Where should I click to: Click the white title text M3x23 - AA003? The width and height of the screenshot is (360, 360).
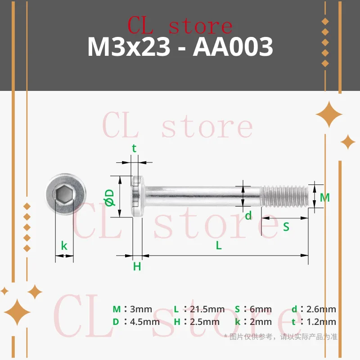pyautogui.click(x=180, y=47)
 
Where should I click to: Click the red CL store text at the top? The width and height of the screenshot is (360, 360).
pyautogui.click(x=180, y=26)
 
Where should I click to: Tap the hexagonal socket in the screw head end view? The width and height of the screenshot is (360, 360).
pyautogui.click(x=63, y=195)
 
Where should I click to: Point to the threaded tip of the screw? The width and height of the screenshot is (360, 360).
pyautogui.click(x=284, y=196)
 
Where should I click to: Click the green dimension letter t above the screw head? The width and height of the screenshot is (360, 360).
pyautogui.click(x=134, y=148)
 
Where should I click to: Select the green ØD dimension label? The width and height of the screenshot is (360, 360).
pyautogui.click(x=109, y=198)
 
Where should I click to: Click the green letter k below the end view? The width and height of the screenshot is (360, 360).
pyautogui.click(x=64, y=245)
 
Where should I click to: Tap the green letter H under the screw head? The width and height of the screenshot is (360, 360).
pyautogui.click(x=137, y=266)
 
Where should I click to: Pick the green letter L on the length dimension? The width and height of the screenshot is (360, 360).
pyautogui.click(x=219, y=246)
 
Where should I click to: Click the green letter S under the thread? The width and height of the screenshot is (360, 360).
pyautogui.click(x=286, y=227)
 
